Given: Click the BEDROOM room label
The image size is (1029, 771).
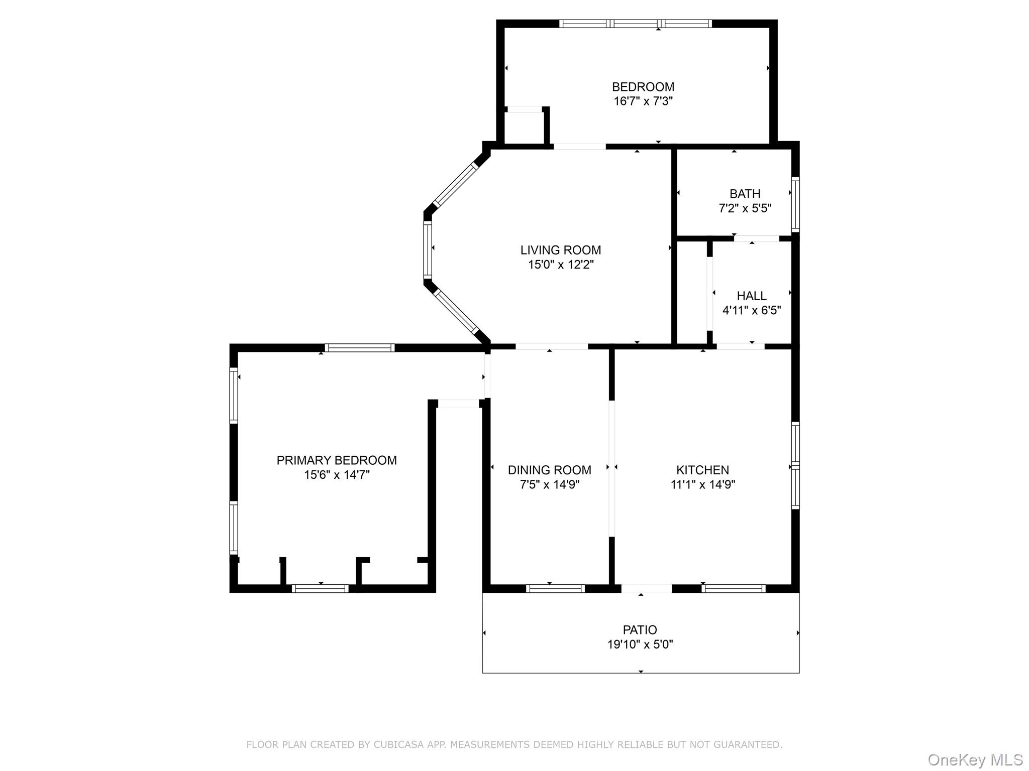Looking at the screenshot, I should click(643, 87).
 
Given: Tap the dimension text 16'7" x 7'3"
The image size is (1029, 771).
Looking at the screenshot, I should click(643, 101).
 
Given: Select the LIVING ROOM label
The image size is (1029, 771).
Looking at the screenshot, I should click(560, 250).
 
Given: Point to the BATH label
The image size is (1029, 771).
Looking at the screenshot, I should click(745, 194).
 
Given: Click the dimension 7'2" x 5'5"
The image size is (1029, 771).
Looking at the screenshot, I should click(745, 208).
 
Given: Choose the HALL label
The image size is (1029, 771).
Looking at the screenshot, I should click(751, 296).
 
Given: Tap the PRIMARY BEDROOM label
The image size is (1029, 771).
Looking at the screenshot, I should click(337, 460).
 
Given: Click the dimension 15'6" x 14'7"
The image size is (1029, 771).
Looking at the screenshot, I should click(337, 475).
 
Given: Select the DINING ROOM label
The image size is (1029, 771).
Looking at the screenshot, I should click(549, 470).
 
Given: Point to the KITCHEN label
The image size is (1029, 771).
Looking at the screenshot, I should click(702, 470).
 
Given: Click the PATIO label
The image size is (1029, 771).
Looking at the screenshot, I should click(640, 630).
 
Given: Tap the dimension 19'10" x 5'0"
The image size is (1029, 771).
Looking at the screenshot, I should click(640, 645).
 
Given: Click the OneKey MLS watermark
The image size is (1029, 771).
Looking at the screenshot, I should click(975, 760).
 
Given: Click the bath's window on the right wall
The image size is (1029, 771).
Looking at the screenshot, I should click(795, 204).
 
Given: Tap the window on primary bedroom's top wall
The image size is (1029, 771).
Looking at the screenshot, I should click(359, 348).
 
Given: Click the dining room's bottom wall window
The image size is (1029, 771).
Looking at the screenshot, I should click(555, 589).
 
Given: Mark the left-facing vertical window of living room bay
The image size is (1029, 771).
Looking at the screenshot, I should click(428, 249).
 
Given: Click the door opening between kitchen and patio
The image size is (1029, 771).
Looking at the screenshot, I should click(647, 589).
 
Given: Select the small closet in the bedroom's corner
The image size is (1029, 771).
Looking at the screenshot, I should click(524, 127).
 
